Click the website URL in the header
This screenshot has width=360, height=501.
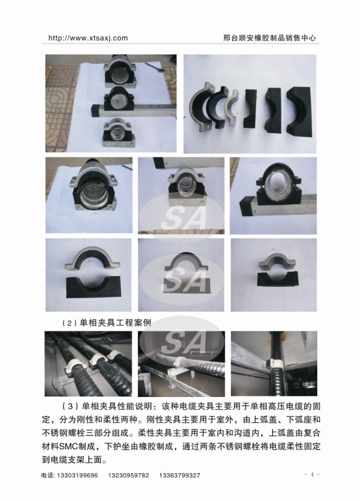coord(88,38)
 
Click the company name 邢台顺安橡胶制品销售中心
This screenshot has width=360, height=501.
coord(269,38)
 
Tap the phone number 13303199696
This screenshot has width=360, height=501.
coord(78,475)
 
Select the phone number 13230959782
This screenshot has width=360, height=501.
coord(129,475)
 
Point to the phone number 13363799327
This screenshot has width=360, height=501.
coord(180,475)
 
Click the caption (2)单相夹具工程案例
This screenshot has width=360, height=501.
coord(106,323)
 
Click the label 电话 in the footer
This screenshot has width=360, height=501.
coord(47,475)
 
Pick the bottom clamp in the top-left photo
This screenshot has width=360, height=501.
coord(119,133)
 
